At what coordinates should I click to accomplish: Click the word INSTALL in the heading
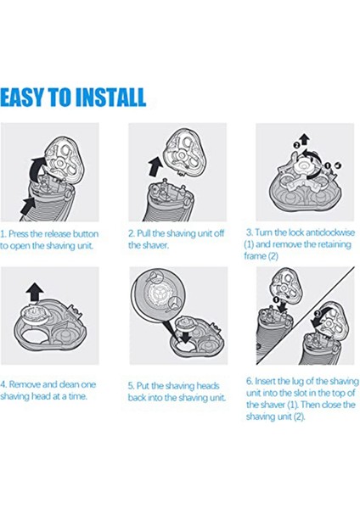point(110,97)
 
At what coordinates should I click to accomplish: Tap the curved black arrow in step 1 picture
point(40,170)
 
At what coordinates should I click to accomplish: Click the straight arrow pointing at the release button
point(28,208)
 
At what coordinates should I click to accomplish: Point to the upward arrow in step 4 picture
point(35,294)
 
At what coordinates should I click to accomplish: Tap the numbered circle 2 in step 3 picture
point(296,145)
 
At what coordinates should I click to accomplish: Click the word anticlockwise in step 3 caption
point(330,232)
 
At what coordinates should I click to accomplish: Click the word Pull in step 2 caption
point(143,233)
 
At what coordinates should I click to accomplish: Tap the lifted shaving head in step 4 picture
point(35,316)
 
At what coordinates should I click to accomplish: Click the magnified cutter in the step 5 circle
point(159,295)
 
